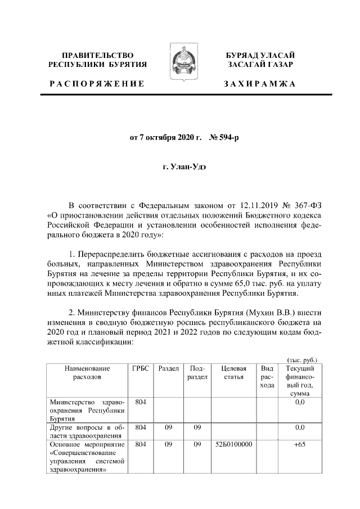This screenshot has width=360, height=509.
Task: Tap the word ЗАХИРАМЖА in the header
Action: pos(259,84)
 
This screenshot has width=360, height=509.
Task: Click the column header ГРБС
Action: pos(141,368)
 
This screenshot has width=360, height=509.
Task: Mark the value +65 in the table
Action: pos(299,444)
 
